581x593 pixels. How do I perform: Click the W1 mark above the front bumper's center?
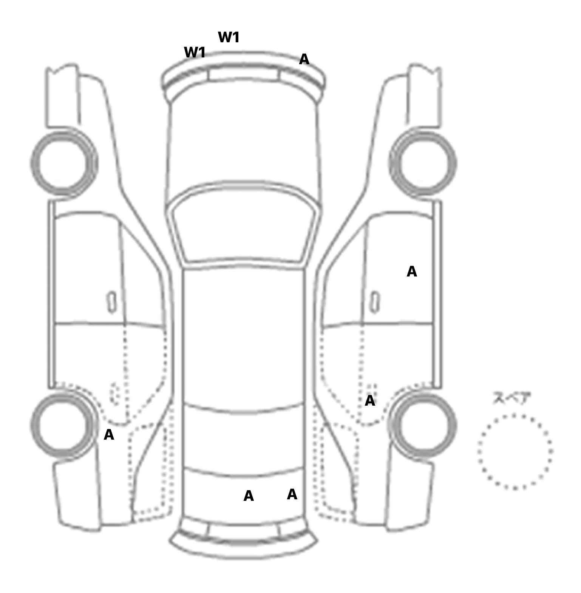[x=229, y=37]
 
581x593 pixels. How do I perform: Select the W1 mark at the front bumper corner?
[x=195, y=53]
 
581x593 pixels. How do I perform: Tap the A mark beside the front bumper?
[x=304, y=59]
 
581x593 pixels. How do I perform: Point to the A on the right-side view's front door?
[x=412, y=272]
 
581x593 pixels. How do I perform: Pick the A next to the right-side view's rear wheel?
[x=370, y=401]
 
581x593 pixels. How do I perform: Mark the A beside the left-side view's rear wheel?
[x=109, y=435]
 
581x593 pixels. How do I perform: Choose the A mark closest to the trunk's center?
[x=249, y=496]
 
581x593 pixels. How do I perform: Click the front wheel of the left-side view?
[x=63, y=163]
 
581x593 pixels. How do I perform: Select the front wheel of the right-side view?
[x=423, y=163]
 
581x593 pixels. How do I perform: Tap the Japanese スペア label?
[x=511, y=398]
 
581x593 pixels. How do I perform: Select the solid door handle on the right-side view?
[x=375, y=302]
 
